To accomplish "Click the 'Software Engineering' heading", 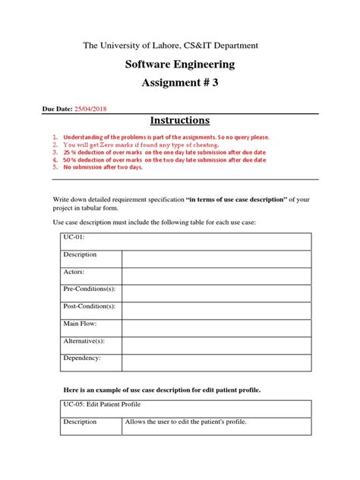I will pos(179,65).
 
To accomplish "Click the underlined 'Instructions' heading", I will pos(179,122).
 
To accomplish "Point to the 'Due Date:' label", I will pos(56,109).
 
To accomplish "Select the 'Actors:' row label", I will pos(74,271).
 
